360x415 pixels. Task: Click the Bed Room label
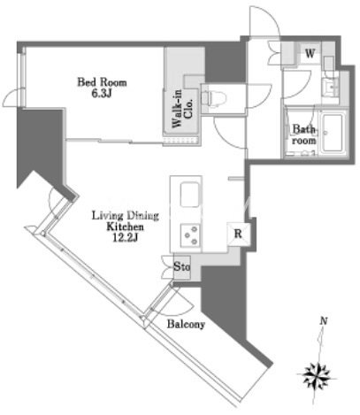[x=102, y=82]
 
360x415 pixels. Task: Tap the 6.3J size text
[x=102, y=94]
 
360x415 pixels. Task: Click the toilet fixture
[x=214, y=97]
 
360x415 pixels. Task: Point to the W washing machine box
[x=310, y=54]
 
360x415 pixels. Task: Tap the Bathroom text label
[x=304, y=134]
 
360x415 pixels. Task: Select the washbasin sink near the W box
[x=330, y=87]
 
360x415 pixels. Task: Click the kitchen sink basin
[x=189, y=195]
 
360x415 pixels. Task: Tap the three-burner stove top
[x=190, y=234]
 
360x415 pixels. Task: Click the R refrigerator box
[x=238, y=234]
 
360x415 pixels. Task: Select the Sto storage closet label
[x=181, y=267]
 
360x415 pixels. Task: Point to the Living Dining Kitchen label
[x=126, y=221]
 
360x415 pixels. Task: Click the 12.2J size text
[x=126, y=238]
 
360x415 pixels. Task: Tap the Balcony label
[x=186, y=325]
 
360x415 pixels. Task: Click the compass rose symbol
[x=317, y=376]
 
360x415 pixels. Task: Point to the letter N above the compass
[x=324, y=321]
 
